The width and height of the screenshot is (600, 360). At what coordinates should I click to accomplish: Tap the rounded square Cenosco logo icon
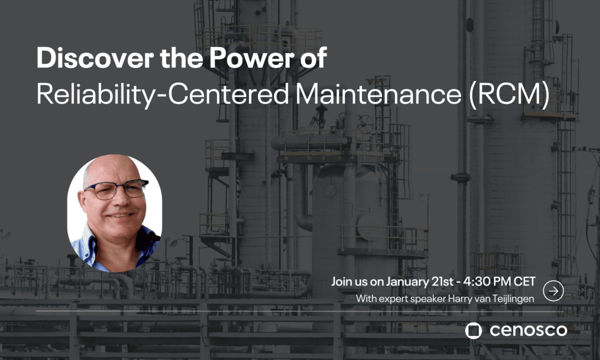point(473,330)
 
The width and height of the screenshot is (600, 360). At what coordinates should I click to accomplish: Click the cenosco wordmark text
point(528,330)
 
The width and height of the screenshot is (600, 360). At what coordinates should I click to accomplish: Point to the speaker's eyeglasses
point(115,189)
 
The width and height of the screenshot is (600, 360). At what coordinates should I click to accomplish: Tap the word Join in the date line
point(341,282)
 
